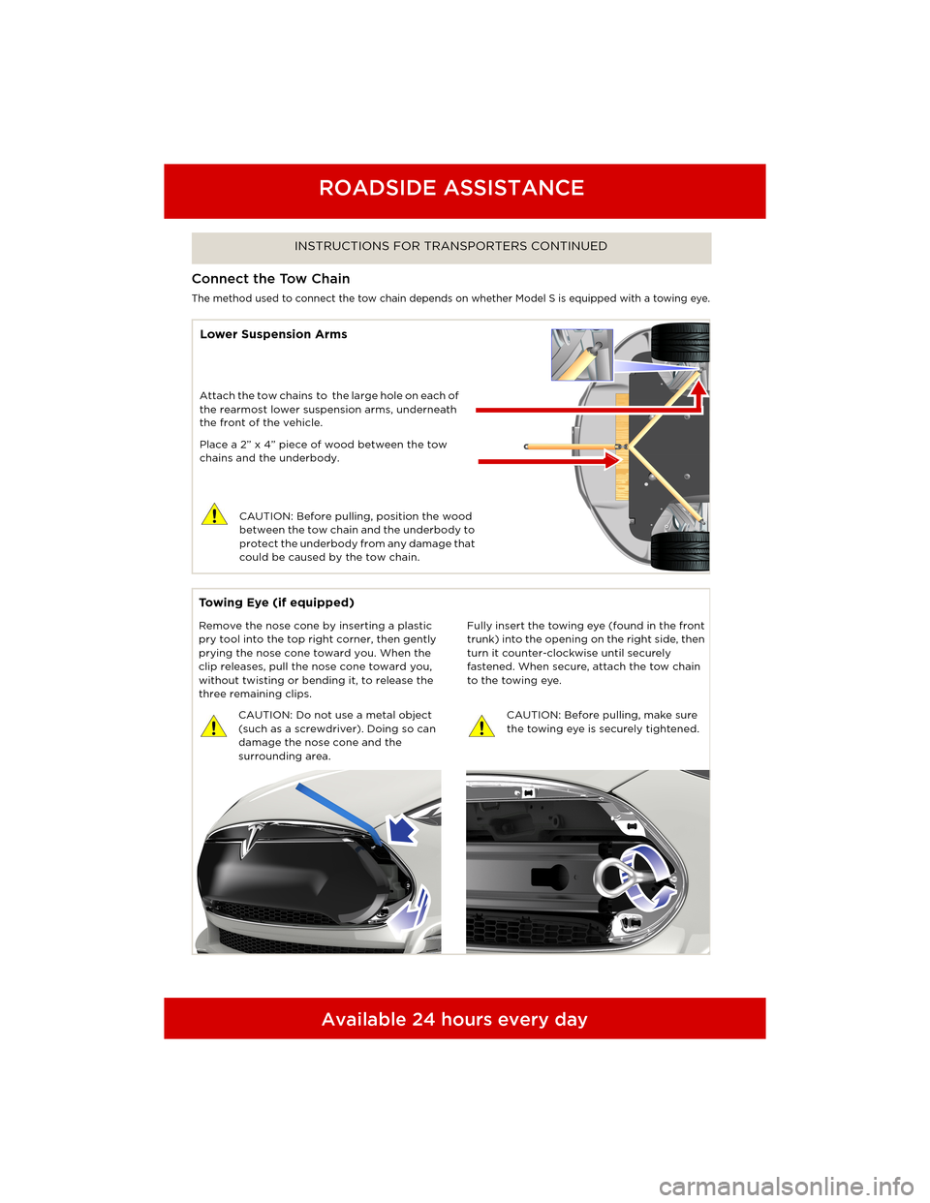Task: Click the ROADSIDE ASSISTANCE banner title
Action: click(x=451, y=188)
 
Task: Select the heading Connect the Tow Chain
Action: click(x=271, y=279)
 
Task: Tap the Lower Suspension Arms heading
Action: click(x=273, y=334)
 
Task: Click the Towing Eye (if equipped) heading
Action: click(x=276, y=602)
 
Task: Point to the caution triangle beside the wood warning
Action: click(x=214, y=514)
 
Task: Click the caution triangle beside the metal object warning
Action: click(x=213, y=726)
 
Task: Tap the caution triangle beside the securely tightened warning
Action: click(x=481, y=726)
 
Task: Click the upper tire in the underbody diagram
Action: click(x=680, y=343)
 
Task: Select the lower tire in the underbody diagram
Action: click(x=680, y=550)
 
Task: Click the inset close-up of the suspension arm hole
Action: click(x=581, y=355)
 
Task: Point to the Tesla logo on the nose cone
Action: click(x=256, y=837)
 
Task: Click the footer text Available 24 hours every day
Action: click(x=454, y=1019)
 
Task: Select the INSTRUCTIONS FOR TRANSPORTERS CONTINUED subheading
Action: click(x=450, y=246)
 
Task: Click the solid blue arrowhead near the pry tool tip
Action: click(x=400, y=830)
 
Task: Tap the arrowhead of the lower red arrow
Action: click(x=611, y=461)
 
